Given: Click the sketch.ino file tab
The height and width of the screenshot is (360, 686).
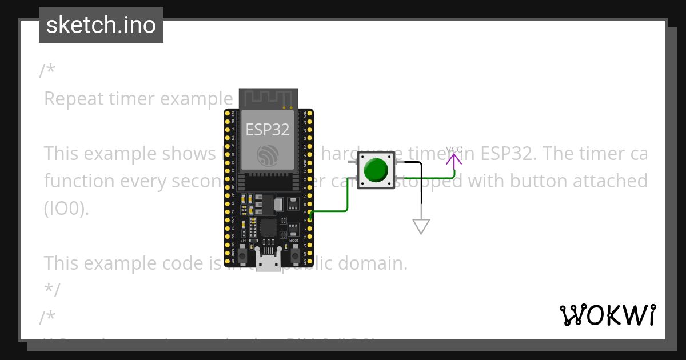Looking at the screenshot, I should pos(101,25).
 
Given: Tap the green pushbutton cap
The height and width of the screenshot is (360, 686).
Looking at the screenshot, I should pos(376,170).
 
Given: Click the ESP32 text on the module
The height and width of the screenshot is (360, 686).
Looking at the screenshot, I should pos(268,130).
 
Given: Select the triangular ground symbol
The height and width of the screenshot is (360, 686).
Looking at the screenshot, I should pos(421,226).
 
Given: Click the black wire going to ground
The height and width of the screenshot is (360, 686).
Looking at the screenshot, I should pos(422,183).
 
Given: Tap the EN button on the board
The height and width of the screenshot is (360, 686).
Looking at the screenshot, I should pos(244,255).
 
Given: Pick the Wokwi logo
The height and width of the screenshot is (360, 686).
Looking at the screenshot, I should pos(608,315).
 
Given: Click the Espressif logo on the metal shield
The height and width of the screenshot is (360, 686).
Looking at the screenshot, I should pos(268,155).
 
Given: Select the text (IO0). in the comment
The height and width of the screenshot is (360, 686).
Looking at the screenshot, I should pos(66,209).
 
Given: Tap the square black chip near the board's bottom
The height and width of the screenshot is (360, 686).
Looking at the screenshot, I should pos(268,228).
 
